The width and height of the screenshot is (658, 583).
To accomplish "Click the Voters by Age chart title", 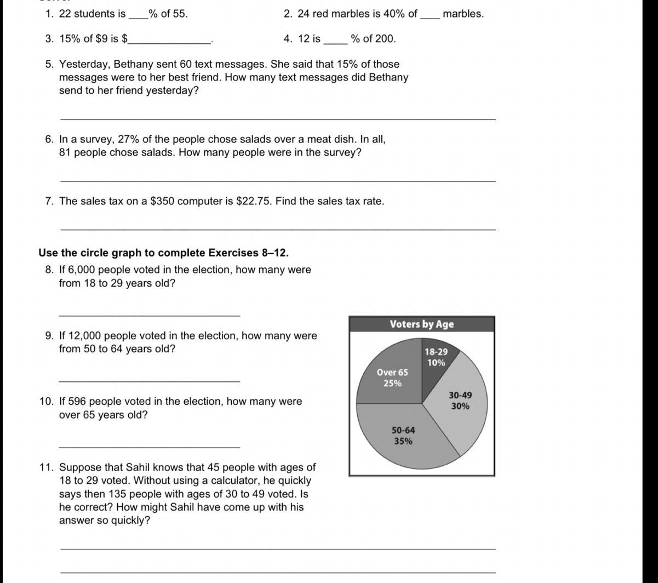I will pos(422,324).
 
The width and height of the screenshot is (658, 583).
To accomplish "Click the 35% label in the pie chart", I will pos(403,442).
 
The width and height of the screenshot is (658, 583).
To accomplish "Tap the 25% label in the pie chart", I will pos(392,384).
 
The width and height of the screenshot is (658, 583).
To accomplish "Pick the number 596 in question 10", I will pos(77,401).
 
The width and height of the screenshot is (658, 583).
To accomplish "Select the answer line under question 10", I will pos(149,447).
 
